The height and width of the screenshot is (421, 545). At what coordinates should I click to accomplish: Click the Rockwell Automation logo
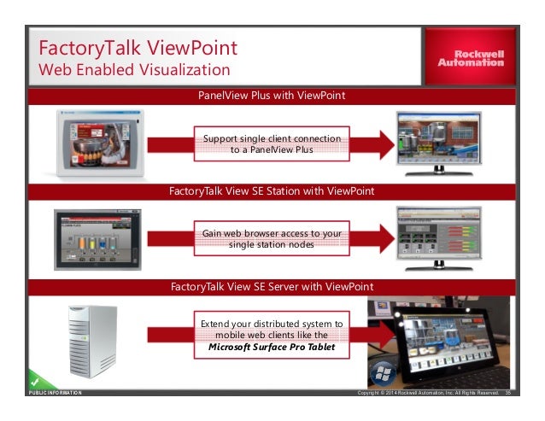coord(472,56)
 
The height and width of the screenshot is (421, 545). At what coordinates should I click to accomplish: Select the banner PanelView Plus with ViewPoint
coord(272,96)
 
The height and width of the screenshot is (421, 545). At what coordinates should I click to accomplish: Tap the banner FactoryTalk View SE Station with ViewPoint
coord(272,190)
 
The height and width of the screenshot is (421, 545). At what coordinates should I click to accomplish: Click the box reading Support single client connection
coord(272,143)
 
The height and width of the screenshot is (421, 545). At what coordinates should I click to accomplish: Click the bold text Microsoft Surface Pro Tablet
coord(272,348)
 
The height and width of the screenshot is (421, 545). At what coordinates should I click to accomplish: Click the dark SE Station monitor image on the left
coord(95,237)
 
